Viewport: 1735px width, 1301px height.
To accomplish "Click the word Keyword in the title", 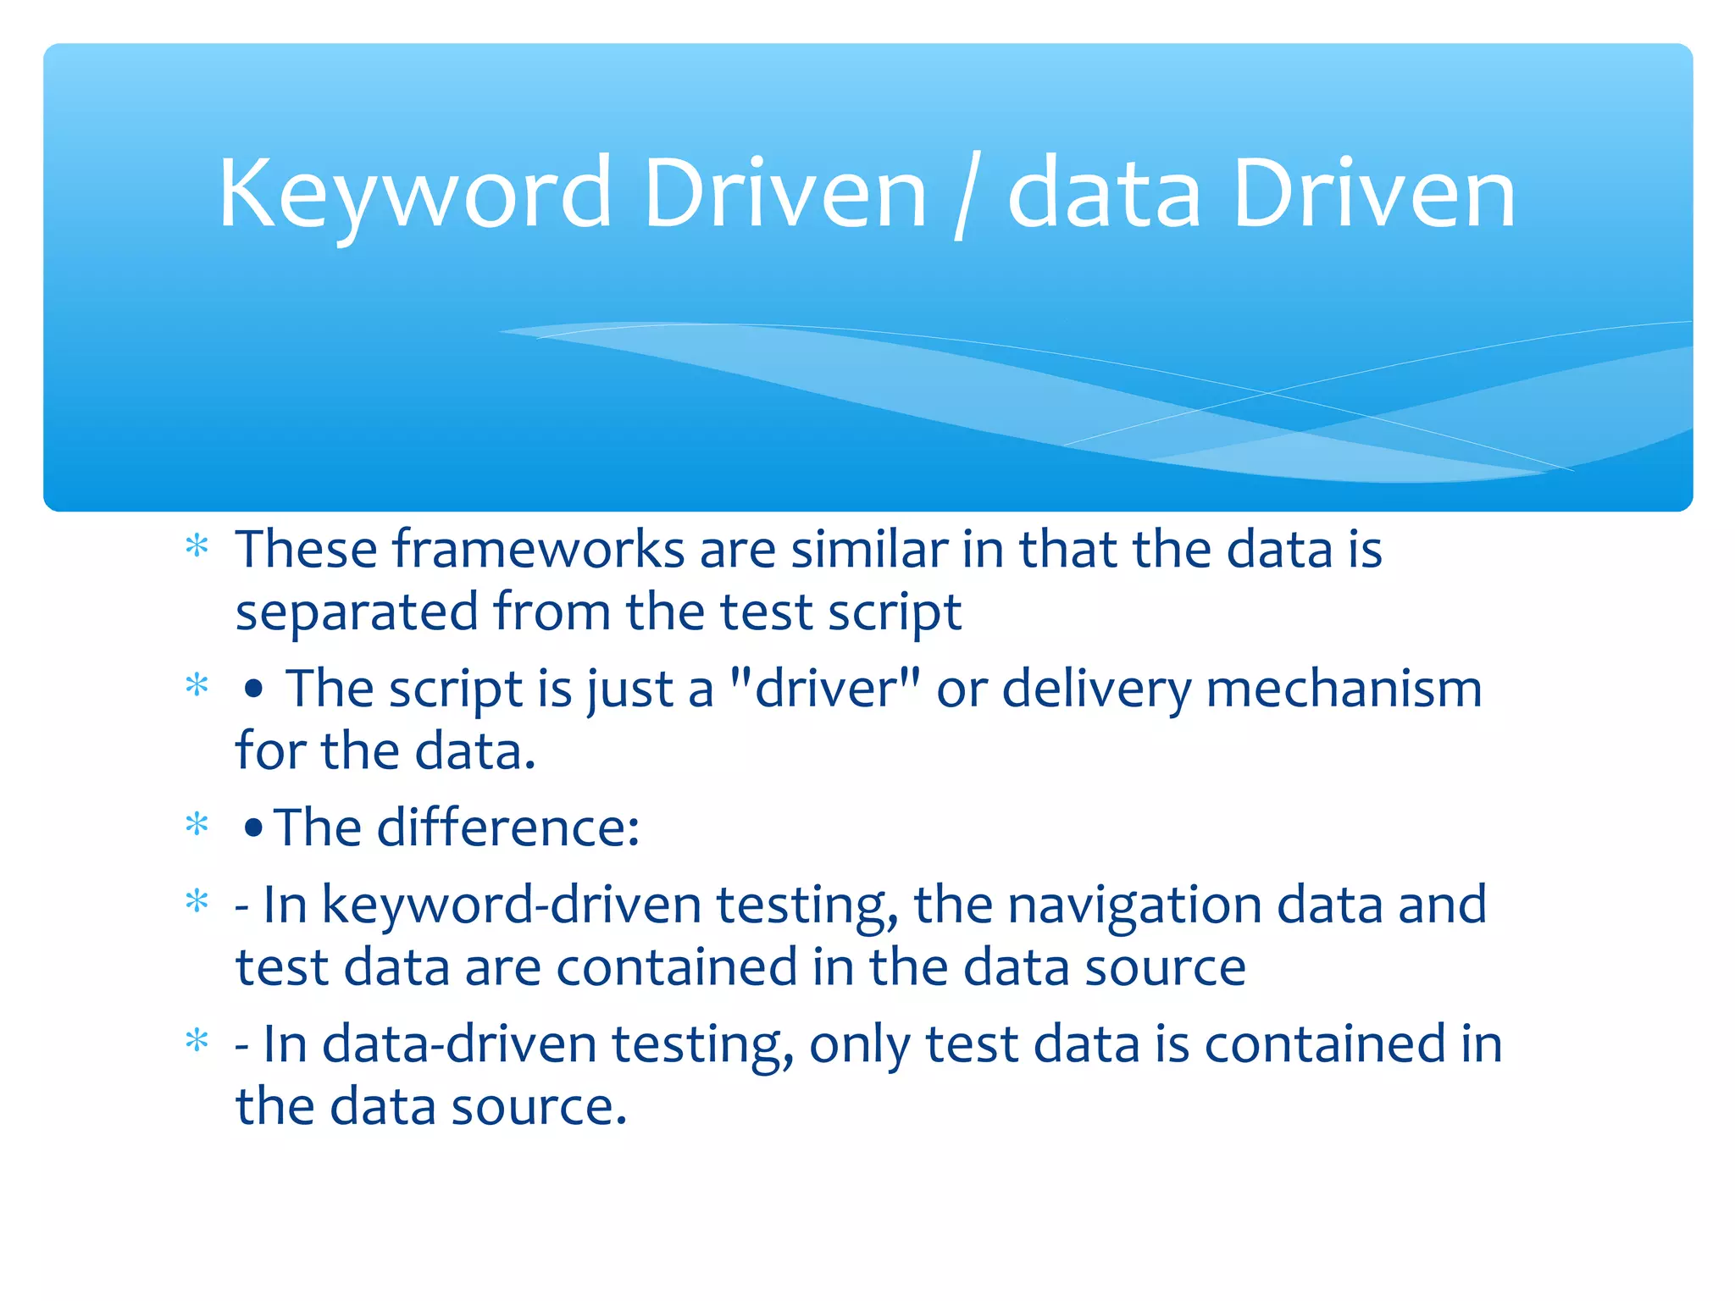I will point(414,195).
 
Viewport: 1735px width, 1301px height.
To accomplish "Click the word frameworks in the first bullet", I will point(538,550).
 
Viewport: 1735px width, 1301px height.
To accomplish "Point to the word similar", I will point(869,550).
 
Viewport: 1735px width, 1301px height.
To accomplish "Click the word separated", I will point(357,612).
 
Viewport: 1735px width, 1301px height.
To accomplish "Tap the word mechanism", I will point(1344,688).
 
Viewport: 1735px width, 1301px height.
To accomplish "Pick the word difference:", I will point(507,827).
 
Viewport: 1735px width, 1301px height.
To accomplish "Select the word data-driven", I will point(459,1044).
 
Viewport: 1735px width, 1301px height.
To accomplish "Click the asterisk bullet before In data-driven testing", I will point(197,1040).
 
